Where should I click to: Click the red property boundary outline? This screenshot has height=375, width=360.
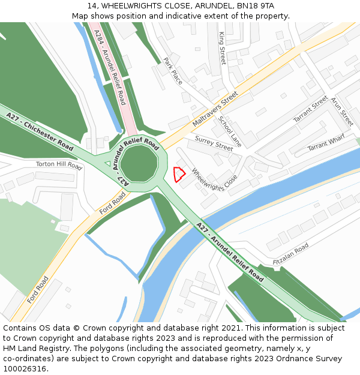[178, 174]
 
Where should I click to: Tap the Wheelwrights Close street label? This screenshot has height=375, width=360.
[214, 179]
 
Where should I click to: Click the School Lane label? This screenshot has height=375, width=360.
[229, 131]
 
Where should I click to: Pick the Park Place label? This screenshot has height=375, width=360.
[173, 71]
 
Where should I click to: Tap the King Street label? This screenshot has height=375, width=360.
[222, 49]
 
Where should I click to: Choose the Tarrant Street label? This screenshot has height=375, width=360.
[311, 109]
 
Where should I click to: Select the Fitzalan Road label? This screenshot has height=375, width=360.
[290, 254]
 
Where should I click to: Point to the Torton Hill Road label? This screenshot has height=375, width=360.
[58, 164]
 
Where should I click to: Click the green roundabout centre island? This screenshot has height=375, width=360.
[140, 163]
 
